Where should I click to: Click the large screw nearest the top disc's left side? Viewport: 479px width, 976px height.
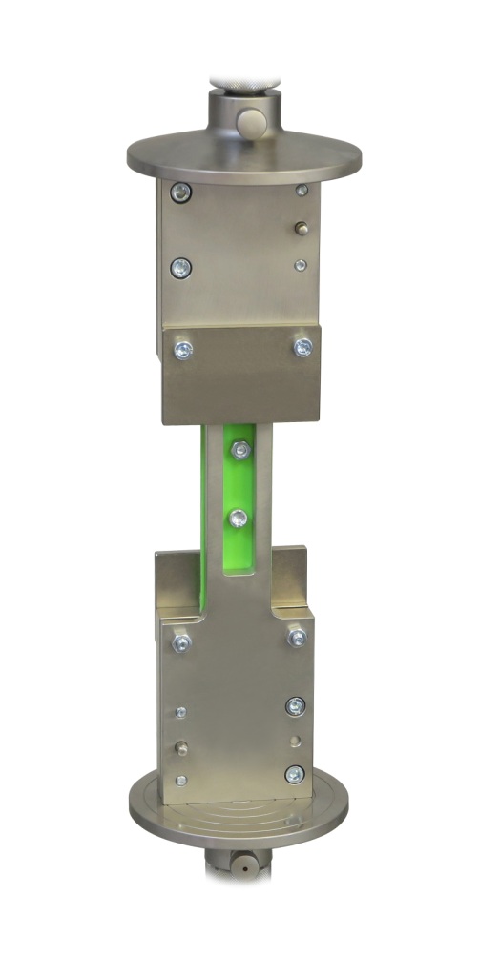[178, 194]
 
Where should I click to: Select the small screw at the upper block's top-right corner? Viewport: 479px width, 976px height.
[302, 191]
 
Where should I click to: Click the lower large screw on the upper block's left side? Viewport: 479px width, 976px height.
[178, 266]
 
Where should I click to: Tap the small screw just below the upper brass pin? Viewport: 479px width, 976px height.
[301, 265]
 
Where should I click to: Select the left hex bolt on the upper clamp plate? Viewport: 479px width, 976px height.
[181, 350]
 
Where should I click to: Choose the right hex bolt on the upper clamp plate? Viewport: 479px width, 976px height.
[302, 346]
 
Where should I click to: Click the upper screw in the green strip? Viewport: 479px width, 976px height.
[239, 448]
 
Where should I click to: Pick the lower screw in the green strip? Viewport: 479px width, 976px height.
[239, 518]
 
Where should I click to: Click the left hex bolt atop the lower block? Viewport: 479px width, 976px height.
[181, 642]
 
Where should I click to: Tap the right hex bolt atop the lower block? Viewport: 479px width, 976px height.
[297, 637]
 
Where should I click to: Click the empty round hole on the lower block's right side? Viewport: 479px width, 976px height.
[296, 740]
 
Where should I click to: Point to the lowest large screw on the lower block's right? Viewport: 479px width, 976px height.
[295, 774]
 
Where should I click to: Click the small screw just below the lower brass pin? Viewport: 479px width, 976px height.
[181, 781]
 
